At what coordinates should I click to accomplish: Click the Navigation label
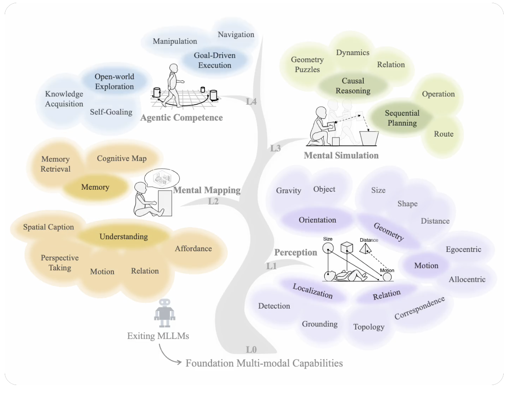point(236,35)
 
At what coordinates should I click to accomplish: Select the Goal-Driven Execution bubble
point(215,60)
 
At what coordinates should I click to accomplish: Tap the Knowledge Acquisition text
point(64,99)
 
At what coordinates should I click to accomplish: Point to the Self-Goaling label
point(111,112)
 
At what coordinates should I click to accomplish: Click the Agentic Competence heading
point(182,118)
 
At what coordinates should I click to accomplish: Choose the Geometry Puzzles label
point(307,65)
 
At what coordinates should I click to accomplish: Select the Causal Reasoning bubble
point(353,86)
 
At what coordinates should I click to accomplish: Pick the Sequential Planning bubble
point(402,118)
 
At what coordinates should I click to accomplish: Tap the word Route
point(444,134)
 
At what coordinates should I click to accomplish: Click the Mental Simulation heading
point(341,155)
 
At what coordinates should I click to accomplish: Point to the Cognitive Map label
point(122,159)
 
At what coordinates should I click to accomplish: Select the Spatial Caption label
point(48,227)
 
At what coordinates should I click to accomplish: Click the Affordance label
point(193,249)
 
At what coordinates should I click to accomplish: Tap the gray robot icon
point(164,313)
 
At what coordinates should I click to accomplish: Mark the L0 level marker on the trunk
point(251,350)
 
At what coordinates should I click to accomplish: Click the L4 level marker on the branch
point(251,102)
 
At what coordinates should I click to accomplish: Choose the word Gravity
point(288,191)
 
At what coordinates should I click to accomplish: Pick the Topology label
point(369,327)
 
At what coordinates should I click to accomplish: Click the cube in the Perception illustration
point(347,248)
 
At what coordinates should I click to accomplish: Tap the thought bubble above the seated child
point(162,178)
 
